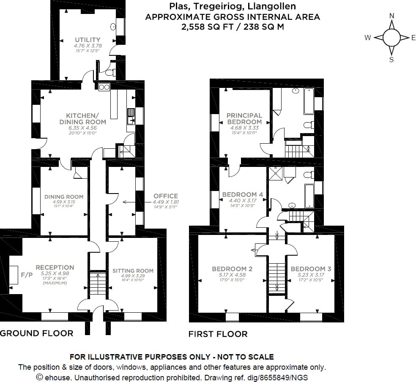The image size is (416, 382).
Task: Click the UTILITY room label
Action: click(88, 40)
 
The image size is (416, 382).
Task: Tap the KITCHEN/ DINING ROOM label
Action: click(82, 118)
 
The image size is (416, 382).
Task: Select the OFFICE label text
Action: click(166, 196)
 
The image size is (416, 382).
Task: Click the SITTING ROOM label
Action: click(133, 270)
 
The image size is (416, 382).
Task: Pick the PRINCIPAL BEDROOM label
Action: click(244, 118)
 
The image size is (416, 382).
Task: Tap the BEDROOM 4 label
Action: click(243, 194)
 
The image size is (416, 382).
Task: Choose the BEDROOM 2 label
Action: click(232, 269)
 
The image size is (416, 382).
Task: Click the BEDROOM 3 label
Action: click(311, 269)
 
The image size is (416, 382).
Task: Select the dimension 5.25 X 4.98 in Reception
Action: click(55, 273)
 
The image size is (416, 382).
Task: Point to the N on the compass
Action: click(391, 16)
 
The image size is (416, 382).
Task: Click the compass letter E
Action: click(413, 38)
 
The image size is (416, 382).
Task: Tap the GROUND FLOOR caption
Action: click(37, 333)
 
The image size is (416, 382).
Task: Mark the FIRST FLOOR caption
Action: click(218, 334)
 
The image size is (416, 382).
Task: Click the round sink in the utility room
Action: click(113, 27)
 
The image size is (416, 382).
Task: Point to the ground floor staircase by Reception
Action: click(98, 284)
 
